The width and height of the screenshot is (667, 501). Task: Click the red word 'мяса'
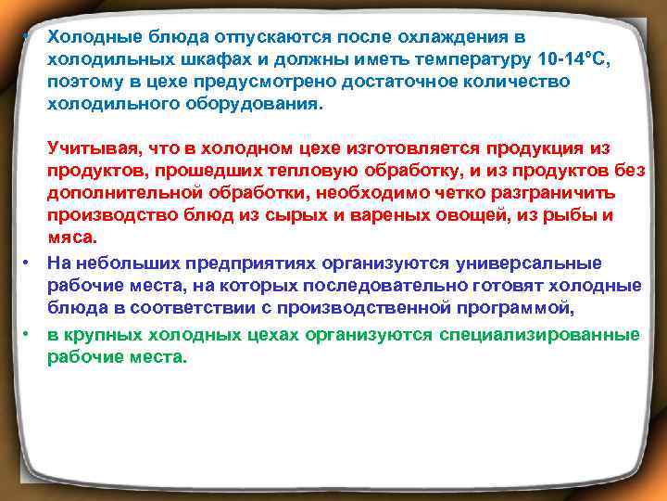pos(69,238)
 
